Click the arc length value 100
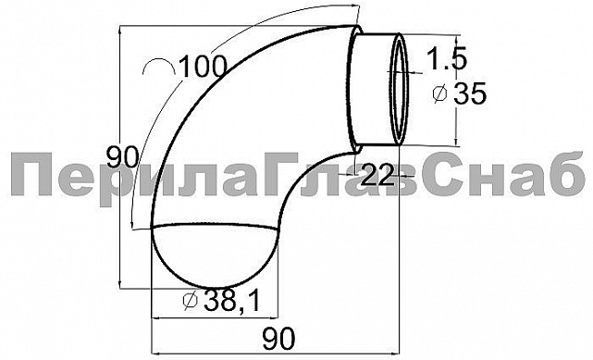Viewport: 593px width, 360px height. point(203,67)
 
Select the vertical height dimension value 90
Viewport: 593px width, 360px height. point(122,157)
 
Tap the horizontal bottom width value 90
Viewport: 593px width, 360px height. point(278,340)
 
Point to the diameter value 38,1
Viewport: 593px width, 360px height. point(232,301)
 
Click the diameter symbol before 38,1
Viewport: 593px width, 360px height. point(191,301)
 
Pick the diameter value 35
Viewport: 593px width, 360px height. point(470,93)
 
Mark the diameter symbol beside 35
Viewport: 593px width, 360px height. point(439,93)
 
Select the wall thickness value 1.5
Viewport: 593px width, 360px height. point(447,58)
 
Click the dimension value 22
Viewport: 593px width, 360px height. point(377,175)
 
